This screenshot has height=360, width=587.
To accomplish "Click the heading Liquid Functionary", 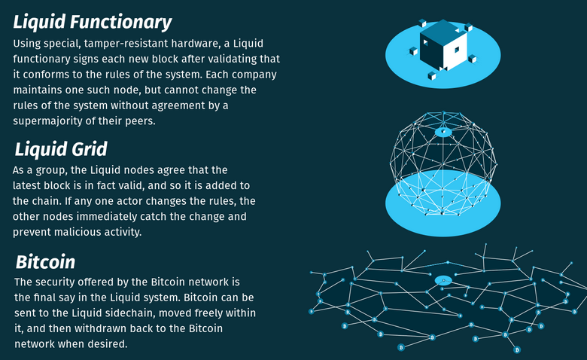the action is (93, 22).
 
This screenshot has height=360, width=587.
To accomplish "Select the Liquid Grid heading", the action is (61, 149).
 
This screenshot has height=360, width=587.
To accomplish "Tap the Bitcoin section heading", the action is (46, 262).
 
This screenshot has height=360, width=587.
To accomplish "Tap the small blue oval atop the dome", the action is (443, 132).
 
